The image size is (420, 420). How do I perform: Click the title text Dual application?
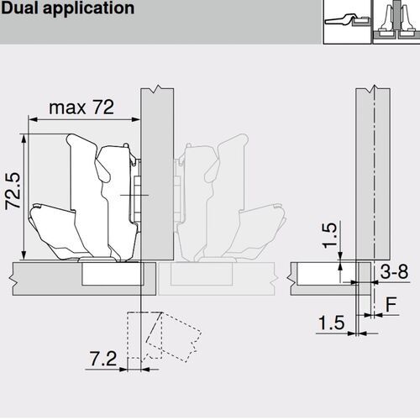pos(68,9)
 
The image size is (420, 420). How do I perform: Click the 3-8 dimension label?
pos(393,273)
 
